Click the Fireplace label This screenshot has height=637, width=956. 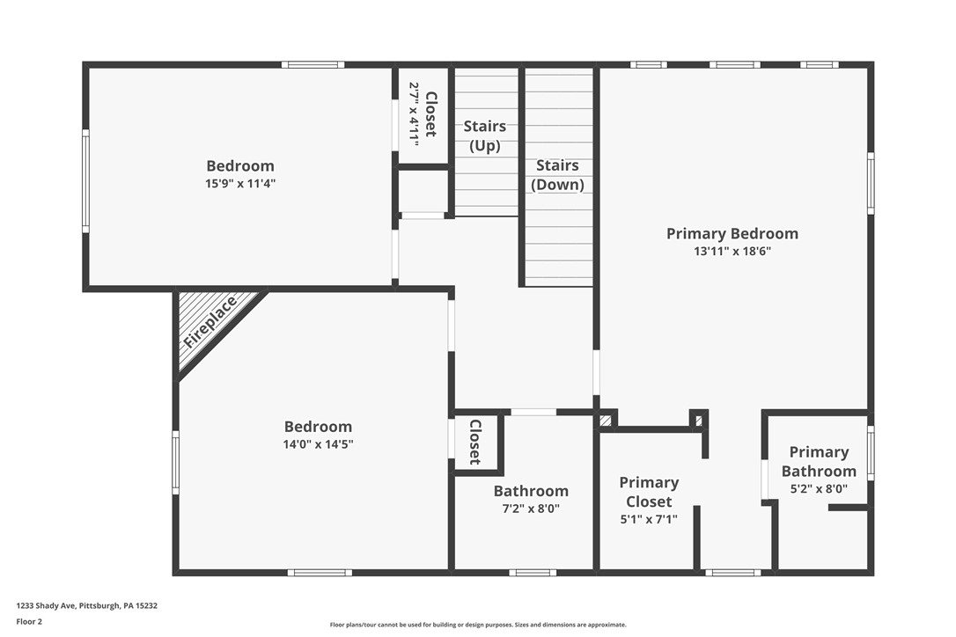210,322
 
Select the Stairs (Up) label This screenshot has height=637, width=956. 485,135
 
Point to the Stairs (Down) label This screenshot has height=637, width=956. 557,174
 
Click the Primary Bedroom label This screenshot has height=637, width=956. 732,233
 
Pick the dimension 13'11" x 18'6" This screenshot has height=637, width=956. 732,252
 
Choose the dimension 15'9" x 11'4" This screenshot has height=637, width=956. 240,184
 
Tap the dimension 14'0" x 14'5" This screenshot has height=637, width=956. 318,444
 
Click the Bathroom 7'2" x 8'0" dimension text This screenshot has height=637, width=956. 531,509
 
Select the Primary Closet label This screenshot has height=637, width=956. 649,492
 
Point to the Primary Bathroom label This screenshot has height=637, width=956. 819,461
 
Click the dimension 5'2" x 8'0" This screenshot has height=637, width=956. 819,489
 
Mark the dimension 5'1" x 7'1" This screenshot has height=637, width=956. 649,519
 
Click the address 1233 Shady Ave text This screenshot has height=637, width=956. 86,605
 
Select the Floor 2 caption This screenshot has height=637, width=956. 29,621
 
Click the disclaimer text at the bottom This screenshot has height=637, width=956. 478,625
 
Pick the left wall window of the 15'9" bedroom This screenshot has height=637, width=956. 85,180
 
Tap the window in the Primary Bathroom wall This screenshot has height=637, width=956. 871,453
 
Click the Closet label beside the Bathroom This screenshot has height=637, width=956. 474,442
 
